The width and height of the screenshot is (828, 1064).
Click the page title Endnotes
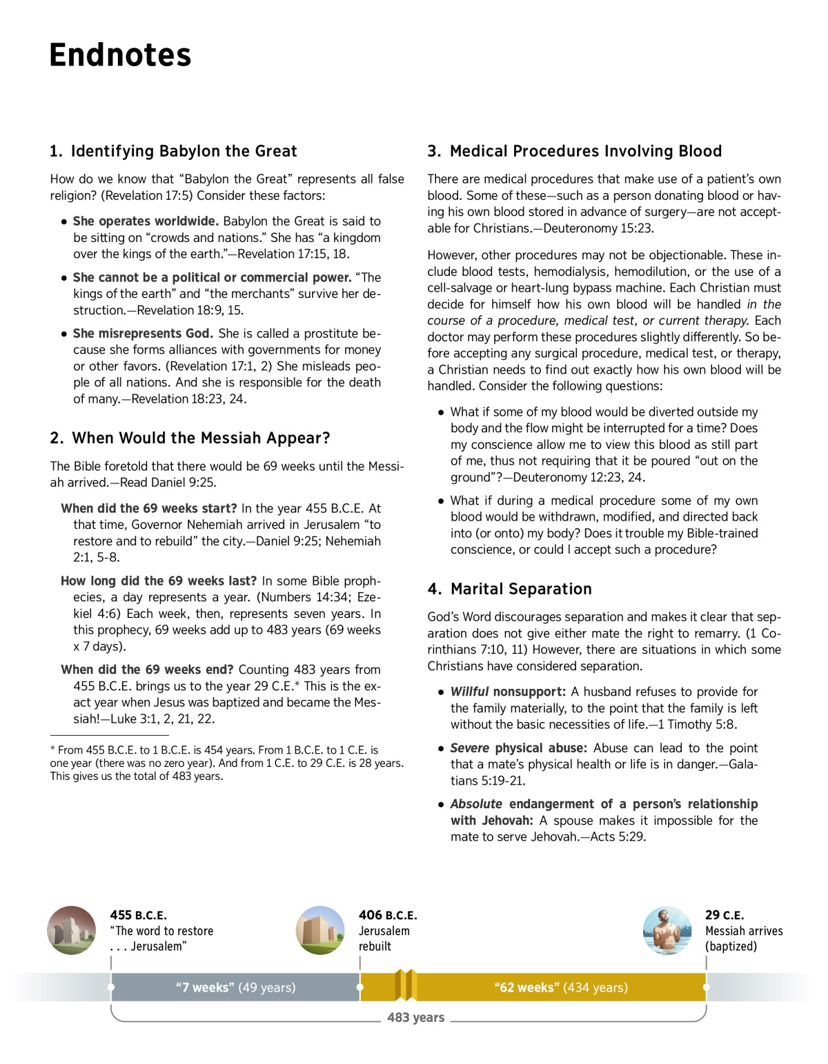pyautogui.click(x=120, y=55)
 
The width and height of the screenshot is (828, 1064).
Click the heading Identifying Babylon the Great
pyautogui.click(x=173, y=151)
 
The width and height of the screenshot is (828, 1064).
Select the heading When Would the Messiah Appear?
pyautogui.click(x=190, y=438)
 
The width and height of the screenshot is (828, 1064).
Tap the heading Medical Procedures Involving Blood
pyautogui.click(x=575, y=151)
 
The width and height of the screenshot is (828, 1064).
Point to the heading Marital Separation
pyautogui.click(x=510, y=589)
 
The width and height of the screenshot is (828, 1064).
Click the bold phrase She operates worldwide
pyautogui.click(x=146, y=221)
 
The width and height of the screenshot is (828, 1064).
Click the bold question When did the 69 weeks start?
pyautogui.click(x=149, y=509)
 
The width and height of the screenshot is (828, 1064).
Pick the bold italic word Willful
pyautogui.click(x=469, y=692)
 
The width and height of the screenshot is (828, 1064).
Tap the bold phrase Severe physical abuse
pyautogui.click(x=518, y=748)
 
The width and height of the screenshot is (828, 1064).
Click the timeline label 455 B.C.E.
pyautogui.click(x=138, y=915)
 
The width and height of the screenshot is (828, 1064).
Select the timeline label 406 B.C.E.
pyautogui.click(x=388, y=915)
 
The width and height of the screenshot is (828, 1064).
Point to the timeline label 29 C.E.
pyautogui.click(x=724, y=915)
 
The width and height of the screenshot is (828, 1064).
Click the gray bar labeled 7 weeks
pyautogui.click(x=235, y=987)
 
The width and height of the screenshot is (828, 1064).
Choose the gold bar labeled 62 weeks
pyautogui.click(x=561, y=987)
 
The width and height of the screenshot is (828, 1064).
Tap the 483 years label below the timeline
pyautogui.click(x=415, y=1018)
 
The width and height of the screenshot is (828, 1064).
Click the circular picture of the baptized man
pyautogui.click(x=667, y=930)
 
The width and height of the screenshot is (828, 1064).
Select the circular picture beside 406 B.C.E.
pyautogui.click(x=320, y=930)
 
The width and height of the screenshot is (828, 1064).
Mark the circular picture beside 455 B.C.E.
pyautogui.click(x=72, y=930)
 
